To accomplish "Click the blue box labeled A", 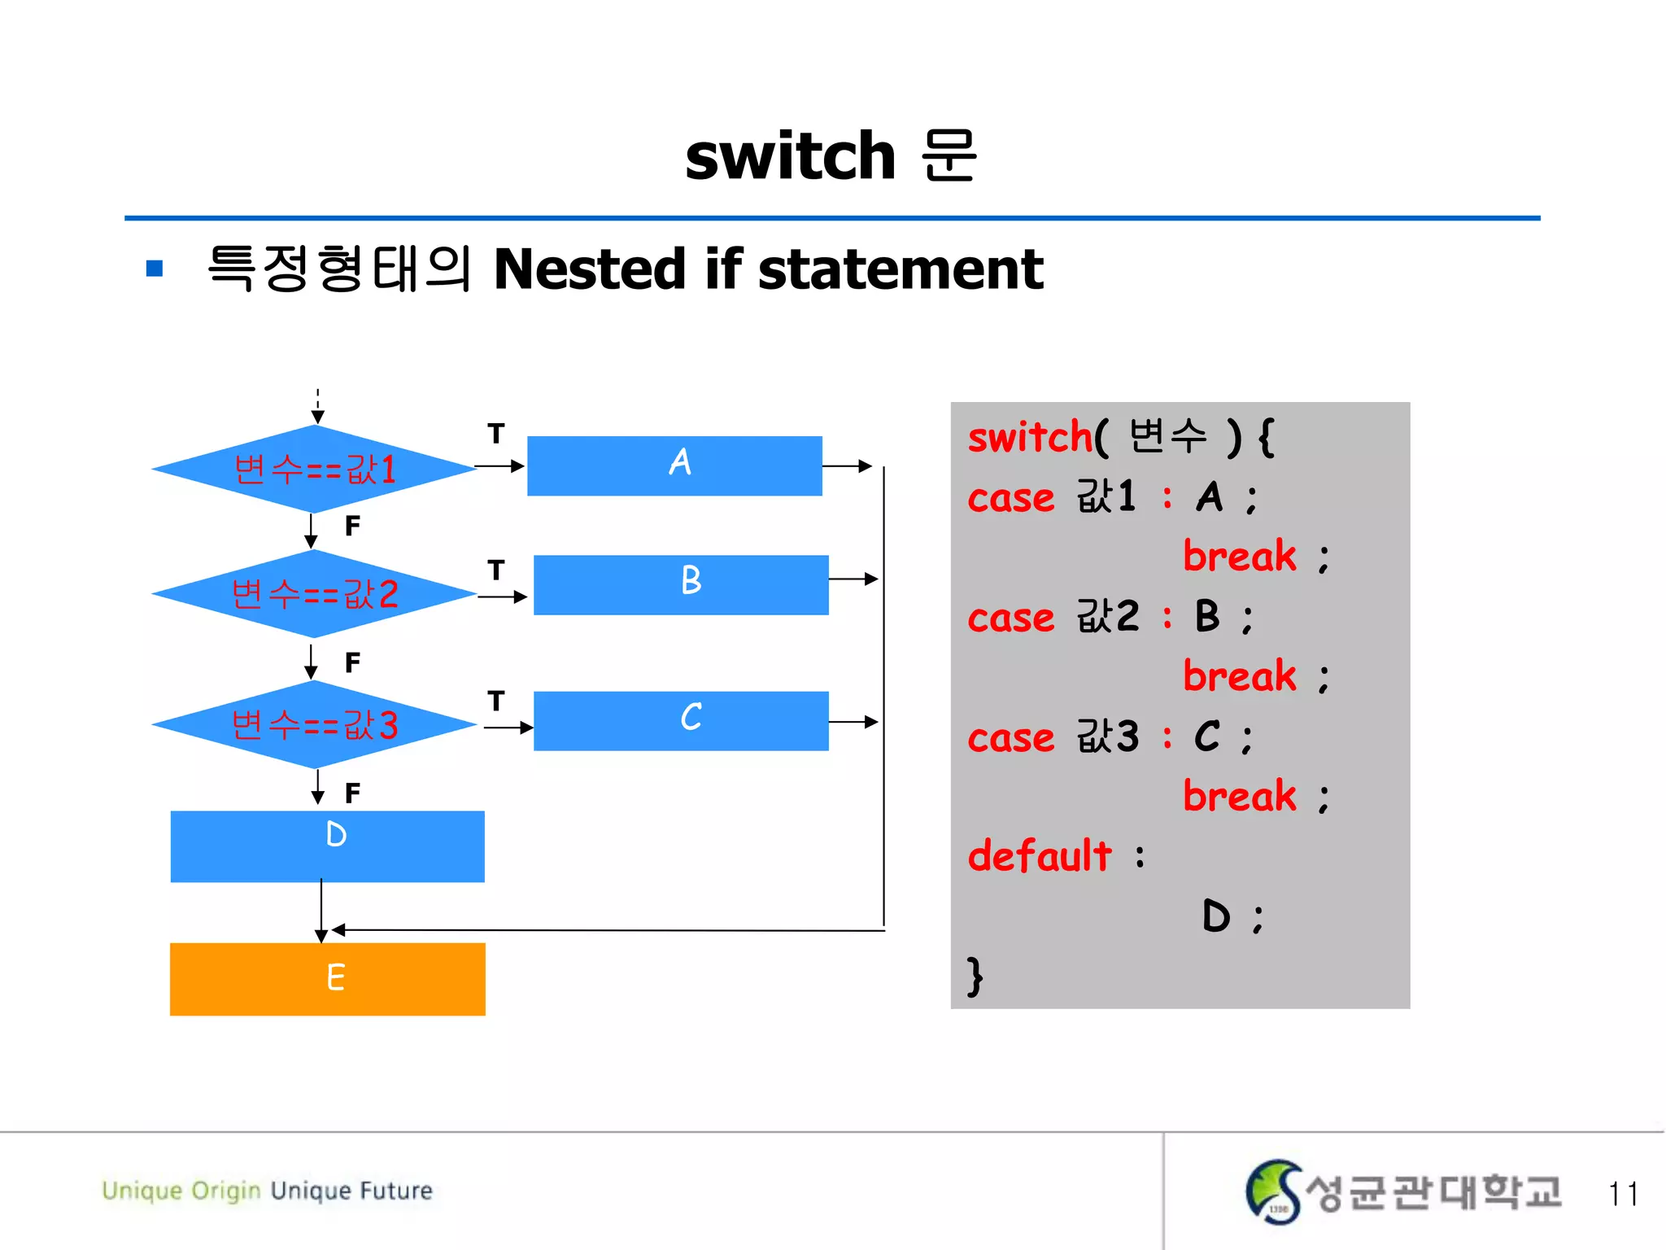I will [x=674, y=465].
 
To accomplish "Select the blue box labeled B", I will [x=681, y=584].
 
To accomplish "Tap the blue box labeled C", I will [x=681, y=720].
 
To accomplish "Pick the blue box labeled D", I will [x=327, y=846].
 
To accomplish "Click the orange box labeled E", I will [x=327, y=978].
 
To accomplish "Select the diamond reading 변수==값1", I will [x=314, y=469].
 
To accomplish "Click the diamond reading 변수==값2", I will [x=314, y=594].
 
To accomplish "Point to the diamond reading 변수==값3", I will [x=314, y=724].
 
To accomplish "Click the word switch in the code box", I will [x=1029, y=437].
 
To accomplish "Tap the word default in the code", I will [x=1039, y=856].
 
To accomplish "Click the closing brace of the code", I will [x=975, y=976].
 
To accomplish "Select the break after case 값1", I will [x=1239, y=557].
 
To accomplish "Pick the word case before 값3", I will [x=1010, y=738].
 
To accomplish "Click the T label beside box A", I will [x=495, y=434].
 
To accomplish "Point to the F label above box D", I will [x=352, y=793].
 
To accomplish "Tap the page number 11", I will [x=1622, y=1194].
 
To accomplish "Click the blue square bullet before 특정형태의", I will [x=155, y=269].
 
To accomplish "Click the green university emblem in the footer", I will [x=1272, y=1191].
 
